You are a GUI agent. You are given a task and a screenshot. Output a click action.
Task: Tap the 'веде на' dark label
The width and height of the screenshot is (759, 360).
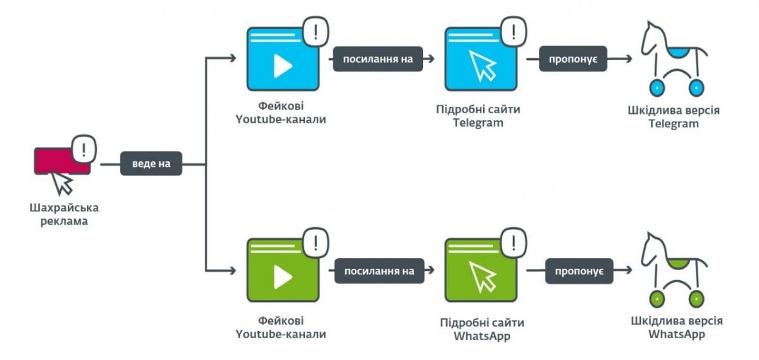[151, 164]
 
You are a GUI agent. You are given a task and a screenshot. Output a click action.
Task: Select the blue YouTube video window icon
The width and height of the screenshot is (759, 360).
[282, 59]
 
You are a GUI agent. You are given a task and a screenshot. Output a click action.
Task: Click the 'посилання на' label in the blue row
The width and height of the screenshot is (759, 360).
[378, 59]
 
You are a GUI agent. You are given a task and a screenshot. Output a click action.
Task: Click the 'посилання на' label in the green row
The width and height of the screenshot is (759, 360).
[379, 271]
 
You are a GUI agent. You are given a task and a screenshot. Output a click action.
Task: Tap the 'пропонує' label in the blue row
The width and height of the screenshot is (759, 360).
[573, 59]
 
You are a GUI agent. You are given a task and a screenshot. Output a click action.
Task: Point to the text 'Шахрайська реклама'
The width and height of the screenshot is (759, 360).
[64, 214]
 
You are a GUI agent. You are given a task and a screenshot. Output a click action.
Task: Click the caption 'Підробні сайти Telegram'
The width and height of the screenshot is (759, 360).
[478, 116]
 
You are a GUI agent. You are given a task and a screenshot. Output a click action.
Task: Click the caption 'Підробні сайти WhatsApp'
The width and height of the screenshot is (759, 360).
[482, 329]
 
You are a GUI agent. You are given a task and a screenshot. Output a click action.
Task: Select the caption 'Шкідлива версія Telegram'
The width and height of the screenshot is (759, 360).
[674, 117]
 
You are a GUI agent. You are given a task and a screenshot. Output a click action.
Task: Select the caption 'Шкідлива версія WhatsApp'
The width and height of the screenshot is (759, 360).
[676, 327]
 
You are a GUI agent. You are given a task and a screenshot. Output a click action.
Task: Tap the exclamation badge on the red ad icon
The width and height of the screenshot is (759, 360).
[83, 149]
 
